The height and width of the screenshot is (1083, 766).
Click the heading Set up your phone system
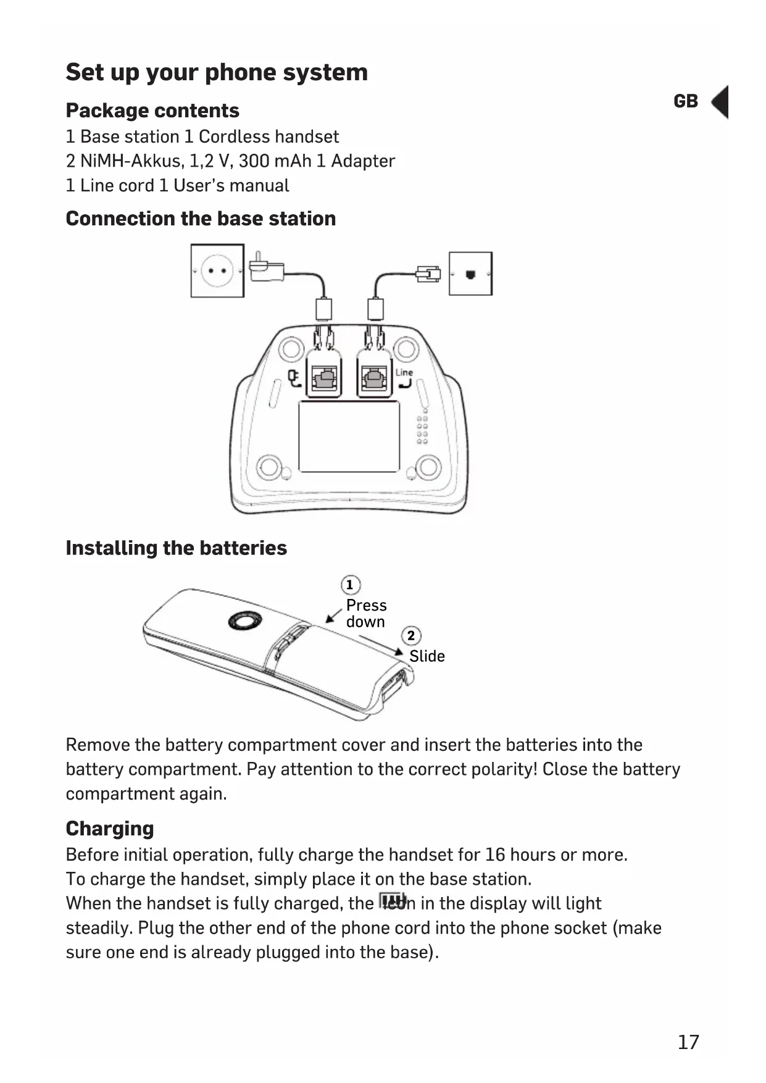(x=217, y=72)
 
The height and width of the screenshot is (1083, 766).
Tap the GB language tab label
(x=685, y=101)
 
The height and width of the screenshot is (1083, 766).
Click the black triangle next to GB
(x=721, y=102)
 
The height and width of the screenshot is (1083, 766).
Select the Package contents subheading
(x=152, y=111)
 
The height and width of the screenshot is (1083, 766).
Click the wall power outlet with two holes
(x=217, y=270)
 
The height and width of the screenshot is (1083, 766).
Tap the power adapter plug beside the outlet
(x=266, y=269)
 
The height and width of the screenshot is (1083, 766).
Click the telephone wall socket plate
(x=470, y=274)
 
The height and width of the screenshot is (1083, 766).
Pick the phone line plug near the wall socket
(x=428, y=274)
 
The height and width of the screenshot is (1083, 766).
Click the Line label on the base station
(x=404, y=372)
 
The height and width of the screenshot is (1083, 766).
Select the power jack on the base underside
(x=323, y=376)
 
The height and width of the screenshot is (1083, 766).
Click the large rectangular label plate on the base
(x=349, y=436)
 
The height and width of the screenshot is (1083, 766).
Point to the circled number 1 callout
(x=350, y=585)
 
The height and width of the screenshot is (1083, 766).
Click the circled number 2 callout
(x=411, y=635)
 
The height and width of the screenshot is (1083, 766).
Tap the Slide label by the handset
(x=427, y=656)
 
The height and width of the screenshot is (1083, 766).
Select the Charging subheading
(x=110, y=829)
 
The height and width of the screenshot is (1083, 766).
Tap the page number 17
(x=688, y=1042)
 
